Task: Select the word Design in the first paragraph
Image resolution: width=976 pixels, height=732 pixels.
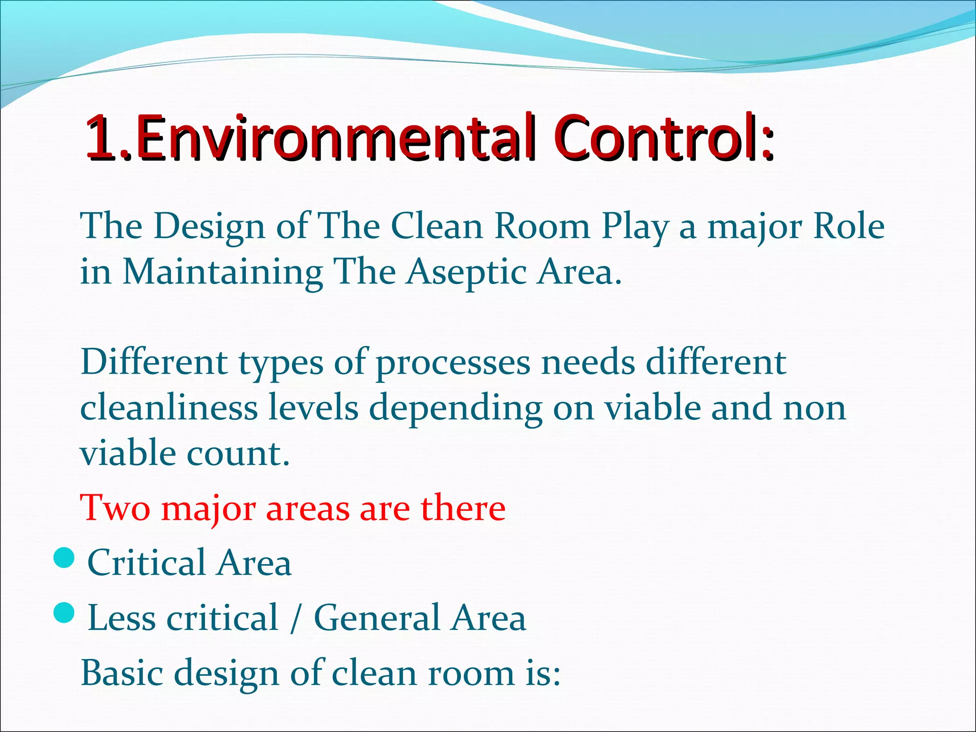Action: pos(209,226)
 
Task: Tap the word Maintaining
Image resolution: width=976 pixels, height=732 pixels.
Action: pos(223,272)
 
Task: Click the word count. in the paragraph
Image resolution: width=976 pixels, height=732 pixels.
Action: pos(238,454)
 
